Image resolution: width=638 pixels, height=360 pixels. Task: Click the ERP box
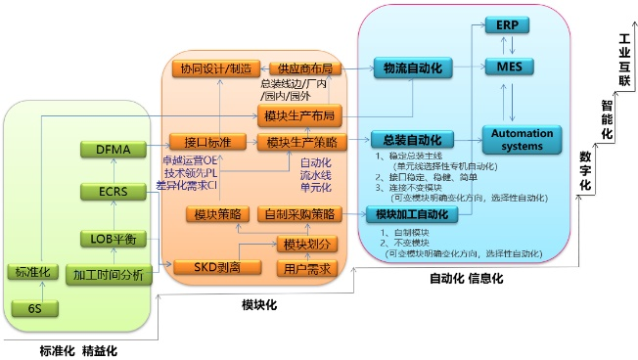(x=506, y=24)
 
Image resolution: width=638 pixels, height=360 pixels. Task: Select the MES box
(x=506, y=67)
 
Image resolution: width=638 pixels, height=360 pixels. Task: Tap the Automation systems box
(x=522, y=140)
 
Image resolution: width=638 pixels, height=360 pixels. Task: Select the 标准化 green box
(x=33, y=271)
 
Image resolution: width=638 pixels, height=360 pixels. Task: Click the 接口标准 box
(x=205, y=141)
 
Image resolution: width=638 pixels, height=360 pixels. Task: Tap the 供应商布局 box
(x=304, y=68)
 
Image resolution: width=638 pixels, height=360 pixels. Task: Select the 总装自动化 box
(x=409, y=139)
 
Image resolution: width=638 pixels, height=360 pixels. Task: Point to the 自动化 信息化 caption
(x=466, y=278)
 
